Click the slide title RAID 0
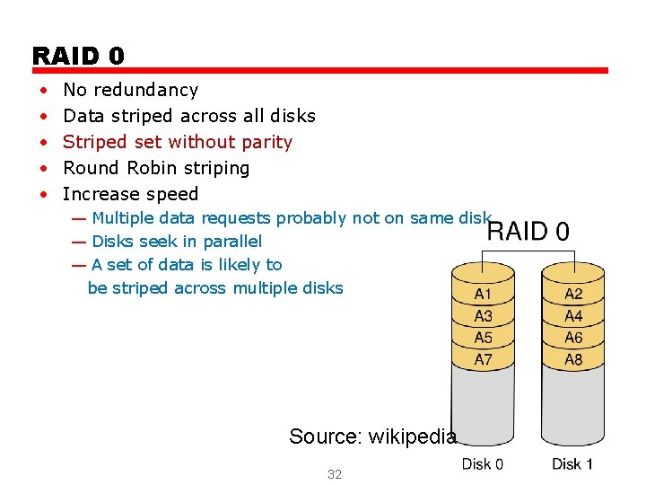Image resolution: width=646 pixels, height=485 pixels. tap(78, 56)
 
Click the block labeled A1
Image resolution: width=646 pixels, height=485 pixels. tap(483, 294)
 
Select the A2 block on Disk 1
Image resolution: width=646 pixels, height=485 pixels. tap(573, 294)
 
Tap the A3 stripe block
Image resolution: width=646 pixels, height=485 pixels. tap(483, 316)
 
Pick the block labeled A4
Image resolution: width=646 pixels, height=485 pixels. tap(573, 316)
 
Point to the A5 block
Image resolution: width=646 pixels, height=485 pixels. tap(483, 338)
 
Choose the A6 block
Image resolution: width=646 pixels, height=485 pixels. tap(573, 338)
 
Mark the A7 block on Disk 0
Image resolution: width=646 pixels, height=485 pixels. tap(483, 360)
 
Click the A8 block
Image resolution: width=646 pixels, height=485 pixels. tap(573, 360)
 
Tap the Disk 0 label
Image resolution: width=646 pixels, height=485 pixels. tap(483, 463)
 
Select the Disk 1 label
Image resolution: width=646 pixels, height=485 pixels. tap(572, 463)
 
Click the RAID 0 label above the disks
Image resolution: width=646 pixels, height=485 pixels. tap(528, 232)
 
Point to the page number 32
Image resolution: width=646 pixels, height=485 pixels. tap(335, 474)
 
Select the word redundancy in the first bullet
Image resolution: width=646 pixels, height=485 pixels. tap(144, 90)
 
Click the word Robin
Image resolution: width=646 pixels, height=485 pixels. tap(152, 168)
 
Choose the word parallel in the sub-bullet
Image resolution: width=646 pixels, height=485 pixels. tap(232, 242)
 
